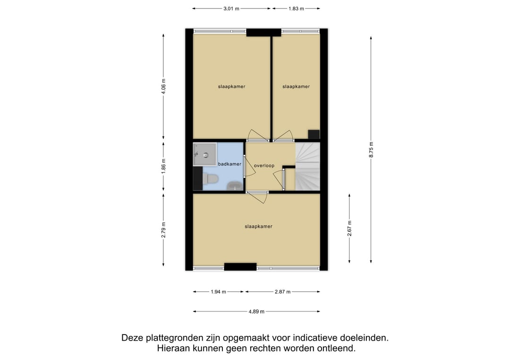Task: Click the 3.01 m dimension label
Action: (231, 9)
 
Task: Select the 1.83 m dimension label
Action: (296, 9)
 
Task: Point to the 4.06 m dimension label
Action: (163, 86)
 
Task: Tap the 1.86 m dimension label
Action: (163, 166)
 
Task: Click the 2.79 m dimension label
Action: (163, 230)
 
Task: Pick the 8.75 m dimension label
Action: (371, 150)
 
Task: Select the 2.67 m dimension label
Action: (349, 228)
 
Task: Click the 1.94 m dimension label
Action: (218, 292)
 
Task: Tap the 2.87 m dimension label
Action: (283, 292)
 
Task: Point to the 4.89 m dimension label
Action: (256, 311)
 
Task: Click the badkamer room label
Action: (229, 164)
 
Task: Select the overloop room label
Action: (264, 166)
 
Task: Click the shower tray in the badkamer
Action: (204, 154)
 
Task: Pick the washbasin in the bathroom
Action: (234, 186)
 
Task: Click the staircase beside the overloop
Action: (307, 167)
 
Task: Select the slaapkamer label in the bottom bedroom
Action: (259, 226)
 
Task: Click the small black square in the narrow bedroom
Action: (314, 134)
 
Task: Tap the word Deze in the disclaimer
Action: (132, 338)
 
